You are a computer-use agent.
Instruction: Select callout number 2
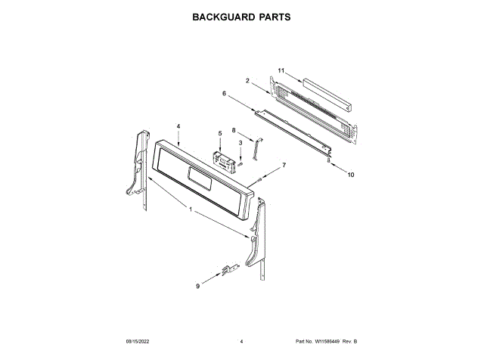click(247, 80)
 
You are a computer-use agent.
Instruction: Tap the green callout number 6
click(224, 94)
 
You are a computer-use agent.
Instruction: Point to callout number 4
click(178, 126)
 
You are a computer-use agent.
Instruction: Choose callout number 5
click(220, 133)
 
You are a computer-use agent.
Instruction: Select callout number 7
click(284, 164)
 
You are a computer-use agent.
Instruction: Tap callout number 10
click(350, 175)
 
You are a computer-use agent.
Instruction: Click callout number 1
click(191, 209)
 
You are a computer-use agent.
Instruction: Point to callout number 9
click(198, 286)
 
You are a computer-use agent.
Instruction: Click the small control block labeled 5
click(222, 160)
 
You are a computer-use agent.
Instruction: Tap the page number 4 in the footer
click(240, 342)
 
